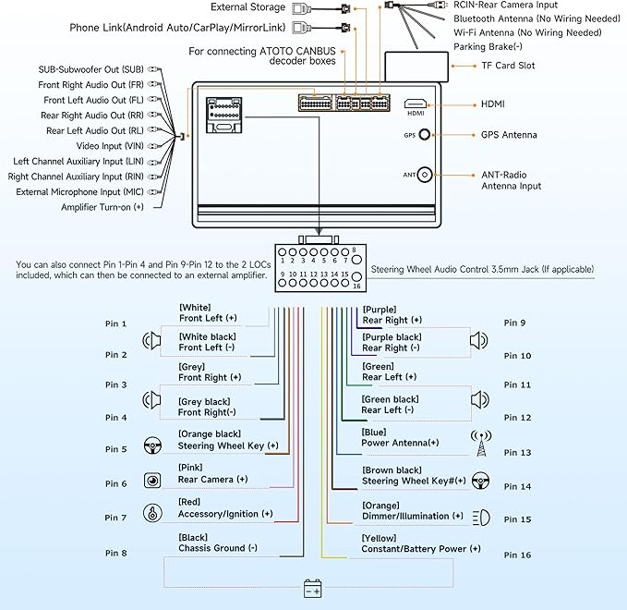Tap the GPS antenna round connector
tap(425, 135)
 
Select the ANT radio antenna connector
tap(425, 174)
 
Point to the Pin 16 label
tap(518, 555)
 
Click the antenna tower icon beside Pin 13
tap(480, 443)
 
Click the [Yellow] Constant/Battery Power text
tap(420, 543)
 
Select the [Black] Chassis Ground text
tap(218, 542)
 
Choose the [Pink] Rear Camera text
tap(212, 473)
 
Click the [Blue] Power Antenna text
tap(400, 436)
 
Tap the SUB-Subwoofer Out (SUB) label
tap(90, 69)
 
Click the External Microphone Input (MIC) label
tap(79, 192)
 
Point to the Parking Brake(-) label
tap(487, 46)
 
